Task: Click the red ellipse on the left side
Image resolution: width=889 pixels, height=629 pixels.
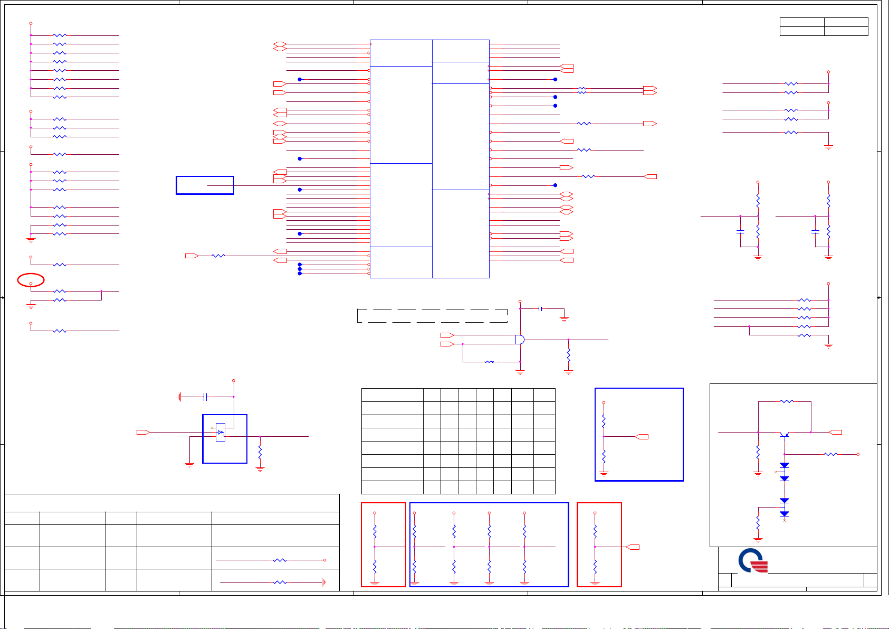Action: click(31, 280)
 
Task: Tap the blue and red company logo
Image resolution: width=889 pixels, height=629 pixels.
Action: click(753, 561)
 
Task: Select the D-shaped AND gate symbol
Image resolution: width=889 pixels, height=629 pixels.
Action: click(520, 340)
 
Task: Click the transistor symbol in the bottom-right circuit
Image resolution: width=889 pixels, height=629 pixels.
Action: click(785, 434)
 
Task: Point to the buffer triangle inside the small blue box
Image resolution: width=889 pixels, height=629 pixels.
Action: click(220, 433)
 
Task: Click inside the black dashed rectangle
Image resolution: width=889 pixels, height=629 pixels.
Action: click(432, 316)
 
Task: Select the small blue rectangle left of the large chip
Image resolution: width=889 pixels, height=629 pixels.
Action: click(205, 185)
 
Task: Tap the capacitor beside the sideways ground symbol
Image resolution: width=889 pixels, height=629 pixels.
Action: click(205, 397)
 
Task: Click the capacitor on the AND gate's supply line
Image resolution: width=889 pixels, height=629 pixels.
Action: click(540, 308)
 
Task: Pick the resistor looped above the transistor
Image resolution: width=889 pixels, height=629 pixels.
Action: click(787, 401)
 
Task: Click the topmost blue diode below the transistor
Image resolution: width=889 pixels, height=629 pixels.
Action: click(785, 465)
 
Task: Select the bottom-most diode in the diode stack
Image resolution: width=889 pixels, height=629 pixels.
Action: click(785, 514)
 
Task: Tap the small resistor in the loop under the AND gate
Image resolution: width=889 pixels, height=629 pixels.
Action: click(489, 362)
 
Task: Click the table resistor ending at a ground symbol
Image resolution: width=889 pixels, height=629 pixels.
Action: click(280, 582)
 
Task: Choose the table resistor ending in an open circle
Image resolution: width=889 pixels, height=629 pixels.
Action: click(280, 560)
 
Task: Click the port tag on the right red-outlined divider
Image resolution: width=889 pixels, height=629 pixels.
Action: click(633, 547)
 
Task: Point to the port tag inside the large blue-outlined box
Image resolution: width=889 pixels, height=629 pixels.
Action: click(642, 437)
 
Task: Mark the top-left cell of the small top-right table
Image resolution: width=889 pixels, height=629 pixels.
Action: click(802, 22)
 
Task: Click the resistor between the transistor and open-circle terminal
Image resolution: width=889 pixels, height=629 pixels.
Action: click(830, 454)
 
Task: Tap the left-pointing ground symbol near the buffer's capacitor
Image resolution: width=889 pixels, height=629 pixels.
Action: click(180, 397)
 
